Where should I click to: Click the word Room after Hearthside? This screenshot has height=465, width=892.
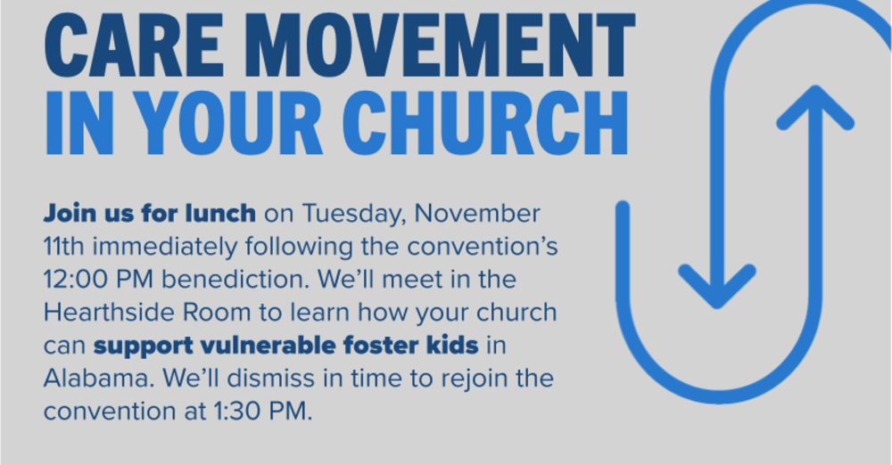211,314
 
